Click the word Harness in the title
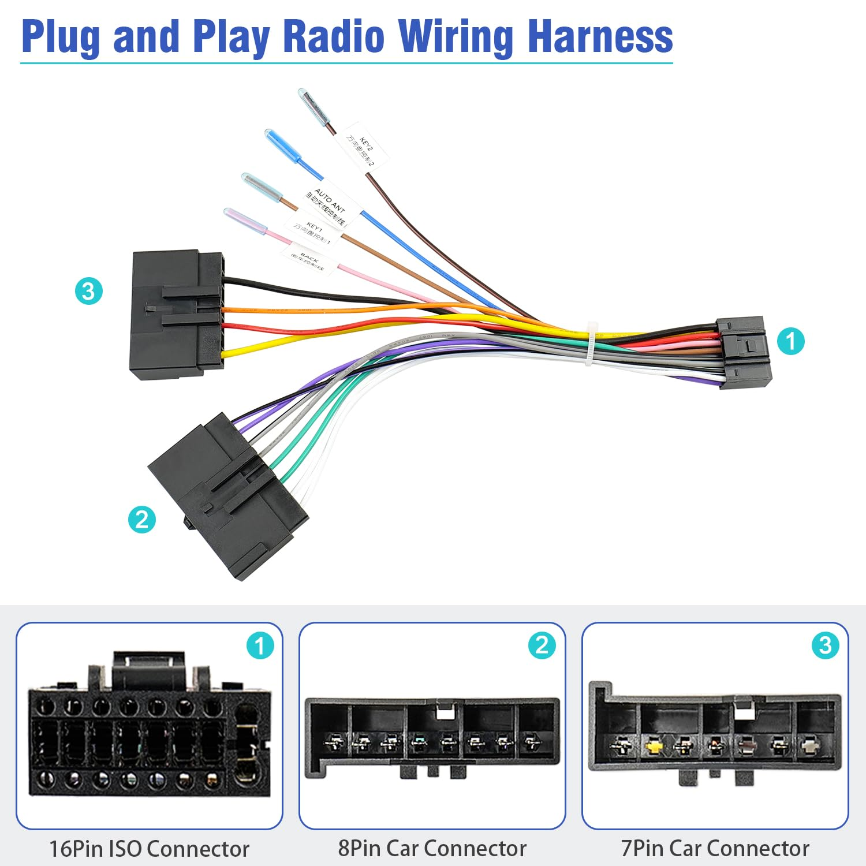[x=600, y=38]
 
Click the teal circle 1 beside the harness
[x=790, y=341]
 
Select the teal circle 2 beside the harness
[x=141, y=519]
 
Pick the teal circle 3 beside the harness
[x=88, y=290]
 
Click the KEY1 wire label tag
[x=312, y=231]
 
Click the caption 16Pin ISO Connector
[x=149, y=849]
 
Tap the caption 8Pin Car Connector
[x=432, y=848]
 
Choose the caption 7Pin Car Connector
[x=715, y=848]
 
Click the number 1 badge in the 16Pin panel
[x=260, y=645]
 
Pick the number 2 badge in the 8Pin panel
[x=542, y=645]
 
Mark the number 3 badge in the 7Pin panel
[x=825, y=645]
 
